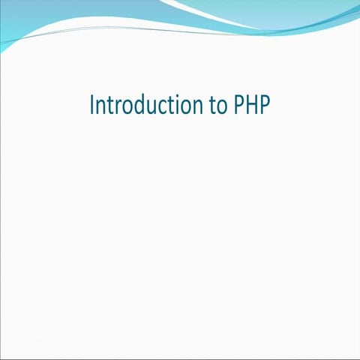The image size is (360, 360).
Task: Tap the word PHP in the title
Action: (249, 105)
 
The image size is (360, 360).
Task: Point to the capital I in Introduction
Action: (91, 105)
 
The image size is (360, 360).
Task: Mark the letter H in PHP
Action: (249, 105)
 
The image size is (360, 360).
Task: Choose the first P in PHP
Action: (235, 105)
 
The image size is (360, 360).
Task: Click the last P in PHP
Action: (263, 105)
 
